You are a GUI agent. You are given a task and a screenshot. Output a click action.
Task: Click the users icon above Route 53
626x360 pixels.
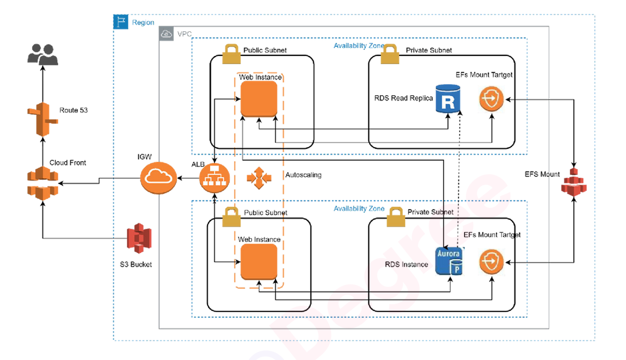(43, 54)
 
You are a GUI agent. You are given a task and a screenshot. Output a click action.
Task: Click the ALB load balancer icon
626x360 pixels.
(214, 177)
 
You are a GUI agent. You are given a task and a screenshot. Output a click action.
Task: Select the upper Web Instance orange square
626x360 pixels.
(259, 99)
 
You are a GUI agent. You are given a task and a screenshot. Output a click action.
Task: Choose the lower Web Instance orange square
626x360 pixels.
(259, 262)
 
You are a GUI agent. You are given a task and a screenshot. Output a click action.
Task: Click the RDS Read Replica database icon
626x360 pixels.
(447, 99)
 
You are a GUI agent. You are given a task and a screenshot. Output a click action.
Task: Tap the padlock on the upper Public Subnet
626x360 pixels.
(231, 54)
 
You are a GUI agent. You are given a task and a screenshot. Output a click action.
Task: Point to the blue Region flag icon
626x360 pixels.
(121, 22)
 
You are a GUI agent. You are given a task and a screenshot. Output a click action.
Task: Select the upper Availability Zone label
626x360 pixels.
(359, 46)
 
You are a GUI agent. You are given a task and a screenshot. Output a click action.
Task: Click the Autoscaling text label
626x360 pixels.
(303, 175)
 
